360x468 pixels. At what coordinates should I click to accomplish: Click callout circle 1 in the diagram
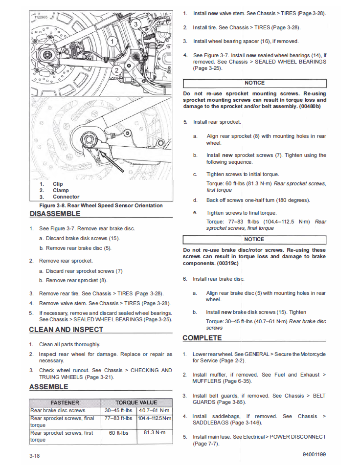coord(112,41)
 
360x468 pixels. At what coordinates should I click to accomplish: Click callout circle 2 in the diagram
coord(116,70)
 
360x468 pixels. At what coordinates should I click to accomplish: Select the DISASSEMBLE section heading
coord(54,214)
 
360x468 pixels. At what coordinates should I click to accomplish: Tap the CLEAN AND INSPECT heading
coord(66,330)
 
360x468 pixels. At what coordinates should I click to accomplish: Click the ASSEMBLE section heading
coord(48,387)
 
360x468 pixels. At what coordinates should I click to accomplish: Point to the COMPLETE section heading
coord(202,338)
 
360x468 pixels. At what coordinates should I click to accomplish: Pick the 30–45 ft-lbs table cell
coord(118,411)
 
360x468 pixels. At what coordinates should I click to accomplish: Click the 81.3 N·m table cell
coord(155,433)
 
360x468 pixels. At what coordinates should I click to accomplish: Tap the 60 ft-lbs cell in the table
coord(118,433)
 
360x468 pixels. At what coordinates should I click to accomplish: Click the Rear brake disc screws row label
coord(58,411)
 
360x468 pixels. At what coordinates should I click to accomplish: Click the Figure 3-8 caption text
coord(101,205)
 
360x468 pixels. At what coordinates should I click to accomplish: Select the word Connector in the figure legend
coord(66,197)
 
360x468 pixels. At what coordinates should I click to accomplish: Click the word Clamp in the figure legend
coord(61,191)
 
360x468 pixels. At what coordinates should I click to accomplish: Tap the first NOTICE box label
coord(254,83)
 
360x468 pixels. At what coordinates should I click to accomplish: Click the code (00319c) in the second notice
coord(227,263)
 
